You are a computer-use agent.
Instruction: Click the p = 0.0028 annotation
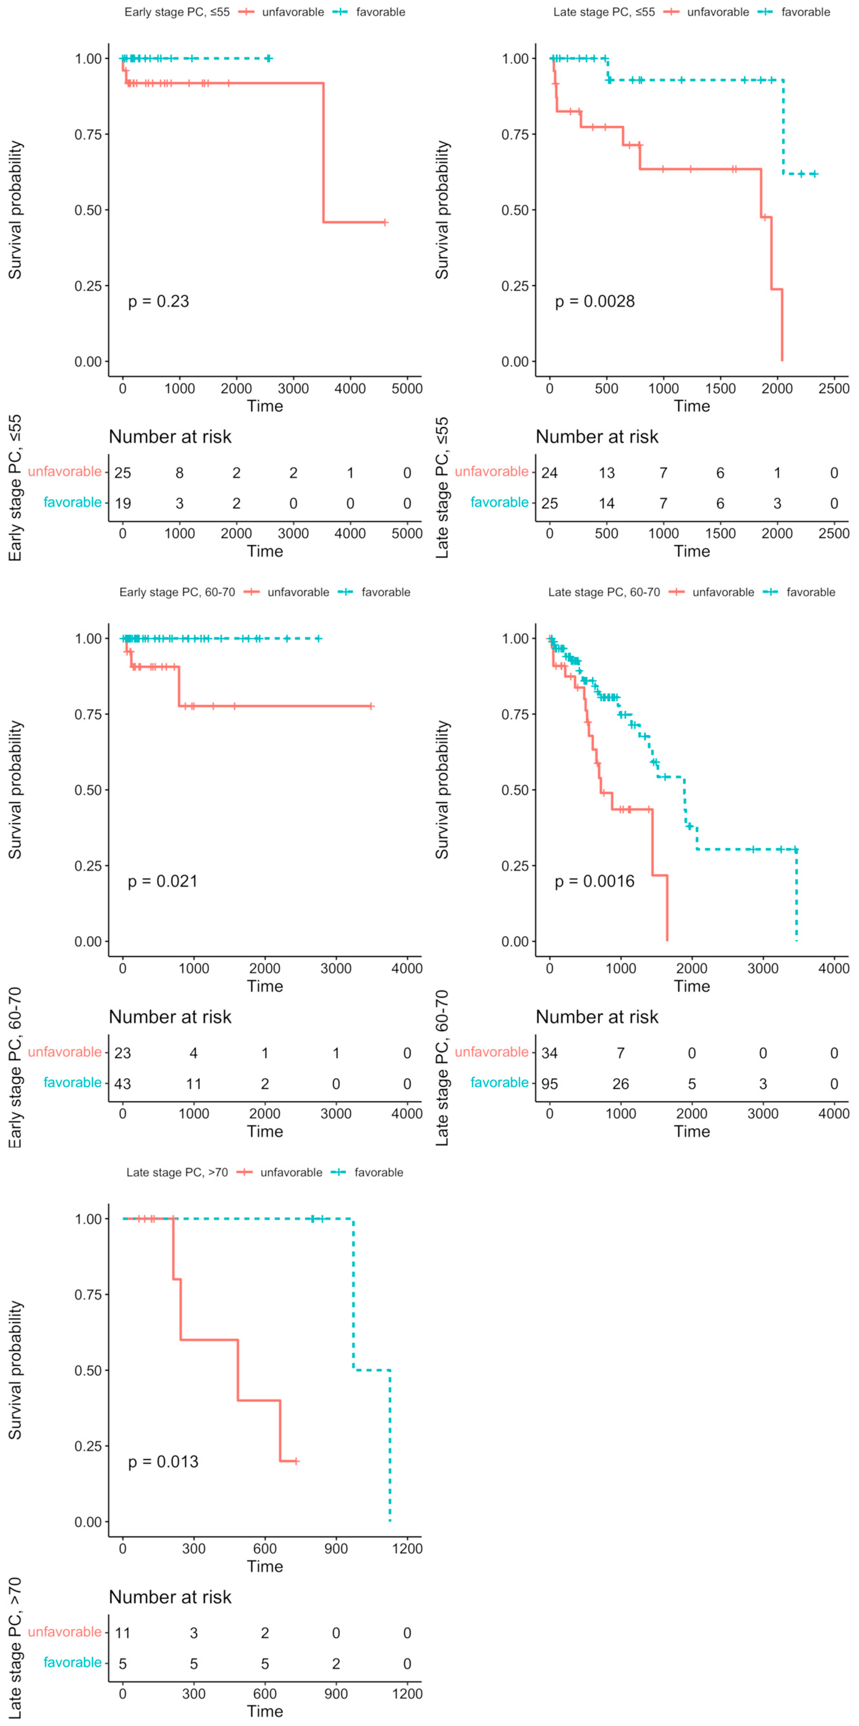[x=594, y=302]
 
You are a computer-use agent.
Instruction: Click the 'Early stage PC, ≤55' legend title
[x=177, y=12]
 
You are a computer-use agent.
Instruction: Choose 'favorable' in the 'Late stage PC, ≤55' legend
[x=805, y=12]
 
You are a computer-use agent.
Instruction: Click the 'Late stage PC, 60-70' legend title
[x=604, y=592]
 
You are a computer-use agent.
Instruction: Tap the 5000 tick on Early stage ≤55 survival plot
[x=407, y=389]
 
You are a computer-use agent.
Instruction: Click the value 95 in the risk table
[x=550, y=1083]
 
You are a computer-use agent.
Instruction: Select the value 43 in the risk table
[x=123, y=1083]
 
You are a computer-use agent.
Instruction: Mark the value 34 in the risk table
[x=550, y=1052]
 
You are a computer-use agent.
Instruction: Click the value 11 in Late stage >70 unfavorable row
[x=123, y=1633]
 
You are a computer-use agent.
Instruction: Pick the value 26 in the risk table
[x=620, y=1083]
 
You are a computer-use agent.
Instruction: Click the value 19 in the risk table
[x=123, y=503]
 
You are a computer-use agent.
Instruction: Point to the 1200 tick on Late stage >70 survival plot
[x=407, y=1549]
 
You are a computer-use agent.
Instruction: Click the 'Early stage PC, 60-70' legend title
[x=177, y=592]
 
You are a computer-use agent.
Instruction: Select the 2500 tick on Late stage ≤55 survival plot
[x=834, y=389]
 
